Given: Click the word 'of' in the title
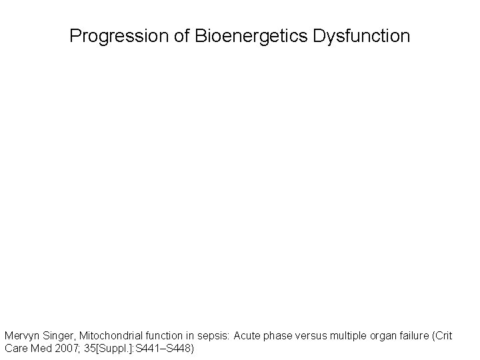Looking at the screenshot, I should pos(184,36).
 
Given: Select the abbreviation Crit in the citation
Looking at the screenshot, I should pos(444,336).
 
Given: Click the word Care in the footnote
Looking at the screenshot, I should pos(15,348).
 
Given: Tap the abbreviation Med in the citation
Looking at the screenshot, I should pos(39,348).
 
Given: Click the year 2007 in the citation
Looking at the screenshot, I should pos(65,348).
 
